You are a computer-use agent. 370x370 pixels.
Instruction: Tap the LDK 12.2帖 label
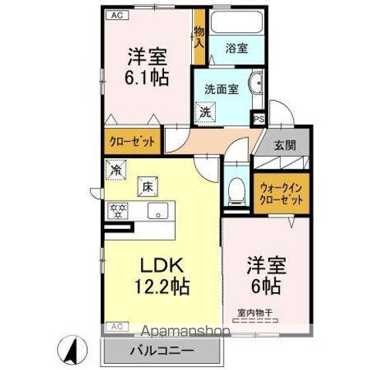(x=163, y=274)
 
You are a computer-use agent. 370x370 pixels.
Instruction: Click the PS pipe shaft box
(x=259, y=119)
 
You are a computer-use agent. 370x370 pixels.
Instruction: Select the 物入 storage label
(x=199, y=35)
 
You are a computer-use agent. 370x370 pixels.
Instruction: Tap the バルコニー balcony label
(x=163, y=349)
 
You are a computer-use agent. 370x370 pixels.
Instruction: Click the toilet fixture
(x=237, y=189)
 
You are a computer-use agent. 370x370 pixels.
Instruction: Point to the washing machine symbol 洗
(x=206, y=112)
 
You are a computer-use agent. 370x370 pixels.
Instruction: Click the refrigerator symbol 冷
(x=116, y=167)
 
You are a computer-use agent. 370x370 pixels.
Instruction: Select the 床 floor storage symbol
(x=145, y=185)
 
